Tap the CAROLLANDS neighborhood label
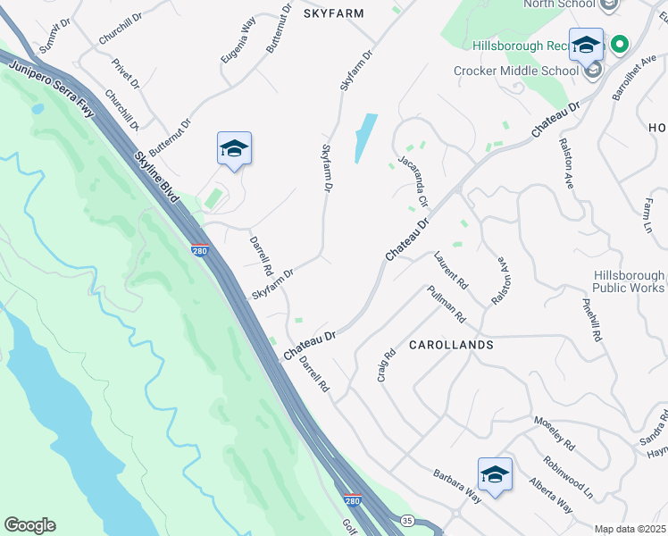tap(451, 344)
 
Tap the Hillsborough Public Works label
tap(629, 282)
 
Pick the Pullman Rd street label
tap(447, 305)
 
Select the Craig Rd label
tap(385, 365)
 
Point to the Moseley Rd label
tap(555, 432)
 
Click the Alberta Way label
tap(551, 495)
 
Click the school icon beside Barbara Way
tap(495, 473)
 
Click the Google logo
tap(29, 525)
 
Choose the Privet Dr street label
tap(126, 73)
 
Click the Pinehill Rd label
tap(593, 319)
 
